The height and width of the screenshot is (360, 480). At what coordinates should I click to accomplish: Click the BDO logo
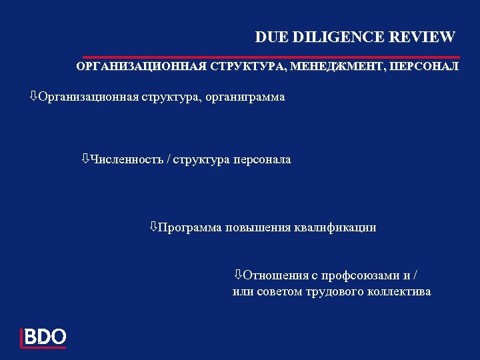pos(44,337)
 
